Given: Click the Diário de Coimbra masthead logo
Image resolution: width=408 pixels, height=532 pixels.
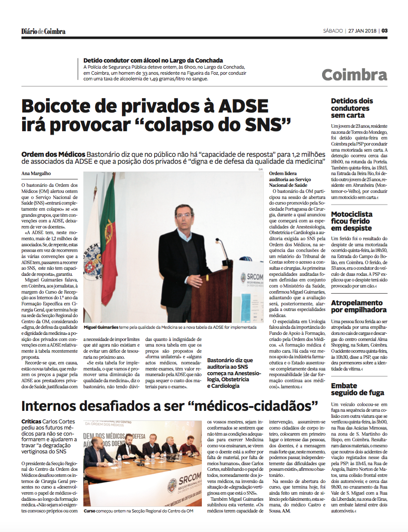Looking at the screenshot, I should (43, 31).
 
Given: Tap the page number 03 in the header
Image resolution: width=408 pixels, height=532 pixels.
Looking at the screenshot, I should (385, 31).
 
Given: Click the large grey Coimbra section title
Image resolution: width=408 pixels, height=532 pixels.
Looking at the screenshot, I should (354, 75).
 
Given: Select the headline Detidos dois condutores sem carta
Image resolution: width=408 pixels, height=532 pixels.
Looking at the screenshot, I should (352, 108).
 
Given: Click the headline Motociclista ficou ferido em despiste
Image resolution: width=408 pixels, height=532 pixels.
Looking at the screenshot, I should (352, 221).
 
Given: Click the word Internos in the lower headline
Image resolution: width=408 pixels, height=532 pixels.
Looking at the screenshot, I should (52, 406).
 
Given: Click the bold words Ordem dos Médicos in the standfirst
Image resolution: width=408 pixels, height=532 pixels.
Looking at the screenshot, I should (53, 155).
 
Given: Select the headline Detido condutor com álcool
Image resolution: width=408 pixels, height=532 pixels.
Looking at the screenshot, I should (153, 60).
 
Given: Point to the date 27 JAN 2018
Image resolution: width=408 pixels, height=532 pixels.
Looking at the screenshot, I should (362, 31).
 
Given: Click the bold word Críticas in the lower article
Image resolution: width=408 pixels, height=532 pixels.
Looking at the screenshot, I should (31, 422).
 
